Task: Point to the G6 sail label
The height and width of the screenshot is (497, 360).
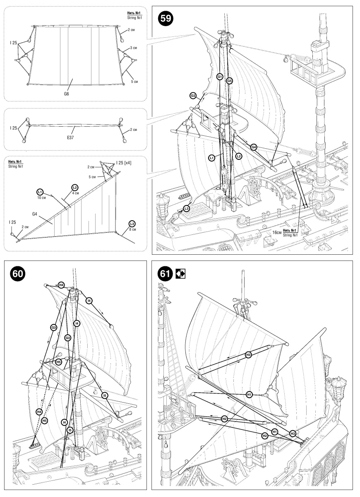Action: tap(66, 94)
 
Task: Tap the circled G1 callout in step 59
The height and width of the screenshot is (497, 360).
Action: tap(220, 77)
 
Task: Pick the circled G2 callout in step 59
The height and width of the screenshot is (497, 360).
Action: tap(193, 96)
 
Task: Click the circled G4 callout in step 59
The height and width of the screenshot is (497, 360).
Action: tap(254, 147)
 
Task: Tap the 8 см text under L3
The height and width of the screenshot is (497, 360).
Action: tap(132, 229)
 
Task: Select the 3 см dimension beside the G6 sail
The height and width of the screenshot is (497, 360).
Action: tap(134, 48)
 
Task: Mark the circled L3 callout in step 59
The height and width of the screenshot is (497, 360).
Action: tap(187, 209)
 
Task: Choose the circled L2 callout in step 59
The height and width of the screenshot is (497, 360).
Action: tap(238, 156)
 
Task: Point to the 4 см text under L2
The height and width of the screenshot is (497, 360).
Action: tap(75, 193)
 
